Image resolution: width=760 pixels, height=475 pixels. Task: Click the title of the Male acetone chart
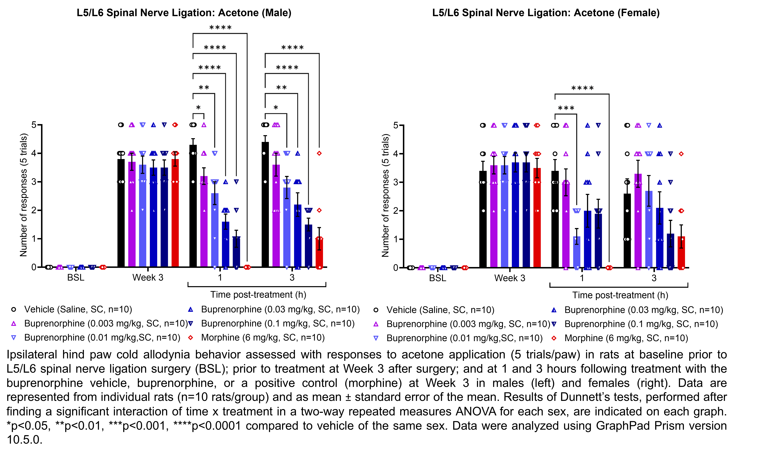(x=184, y=13)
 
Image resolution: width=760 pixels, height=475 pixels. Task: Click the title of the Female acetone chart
(x=546, y=13)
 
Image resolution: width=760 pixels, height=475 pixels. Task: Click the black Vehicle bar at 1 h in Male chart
(x=193, y=207)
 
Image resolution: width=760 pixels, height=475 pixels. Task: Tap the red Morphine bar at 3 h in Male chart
(x=319, y=253)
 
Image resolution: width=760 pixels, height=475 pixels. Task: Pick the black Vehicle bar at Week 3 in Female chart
(x=483, y=220)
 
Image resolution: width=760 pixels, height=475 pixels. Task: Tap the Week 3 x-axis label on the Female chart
(x=509, y=278)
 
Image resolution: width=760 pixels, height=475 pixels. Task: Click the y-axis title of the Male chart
(x=24, y=195)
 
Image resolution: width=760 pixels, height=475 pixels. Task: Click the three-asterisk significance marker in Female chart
(x=566, y=108)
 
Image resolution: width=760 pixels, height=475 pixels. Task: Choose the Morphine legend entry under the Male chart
(x=263, y=338)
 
